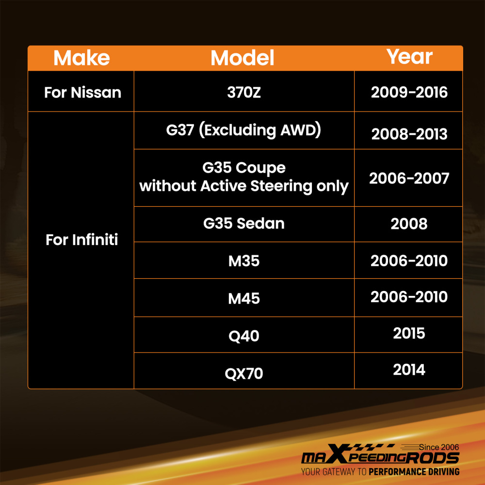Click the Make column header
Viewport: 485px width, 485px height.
coord(81,58)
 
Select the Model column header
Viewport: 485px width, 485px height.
coord(242,58)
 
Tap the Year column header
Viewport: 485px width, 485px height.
coord(409,57)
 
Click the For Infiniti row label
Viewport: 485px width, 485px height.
coord(81,240)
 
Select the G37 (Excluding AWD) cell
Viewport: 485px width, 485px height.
coord(244,130)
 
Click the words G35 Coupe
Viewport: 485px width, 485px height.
coord(244,168)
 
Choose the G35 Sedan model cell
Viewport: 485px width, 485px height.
coord(244,223)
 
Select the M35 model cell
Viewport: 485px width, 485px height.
coord(244,261)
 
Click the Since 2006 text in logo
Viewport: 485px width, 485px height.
coord(439,447)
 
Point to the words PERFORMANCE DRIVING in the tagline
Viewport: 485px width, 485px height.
coord(414,472)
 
